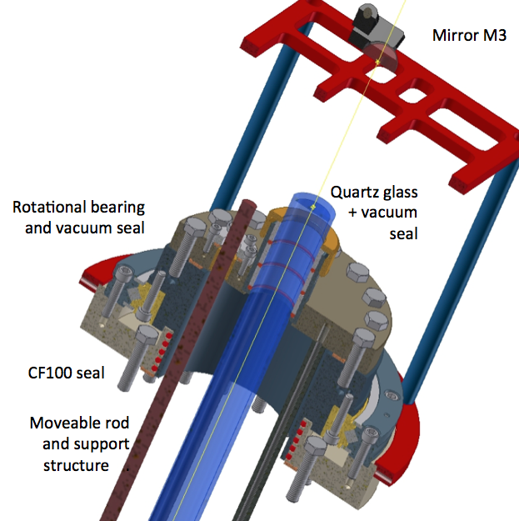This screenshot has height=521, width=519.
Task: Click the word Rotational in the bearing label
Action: (47, 206)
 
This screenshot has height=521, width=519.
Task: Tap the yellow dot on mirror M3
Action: (377, 62)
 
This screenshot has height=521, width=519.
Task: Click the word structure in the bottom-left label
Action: (76, 464)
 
